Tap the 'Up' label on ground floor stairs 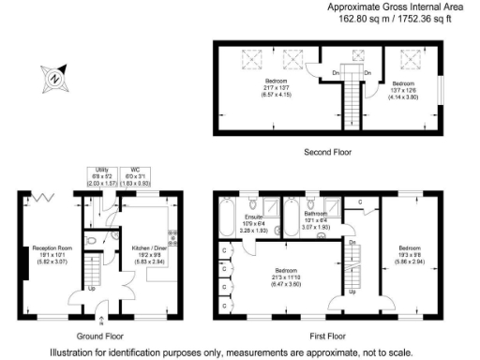tap(90, 288)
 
